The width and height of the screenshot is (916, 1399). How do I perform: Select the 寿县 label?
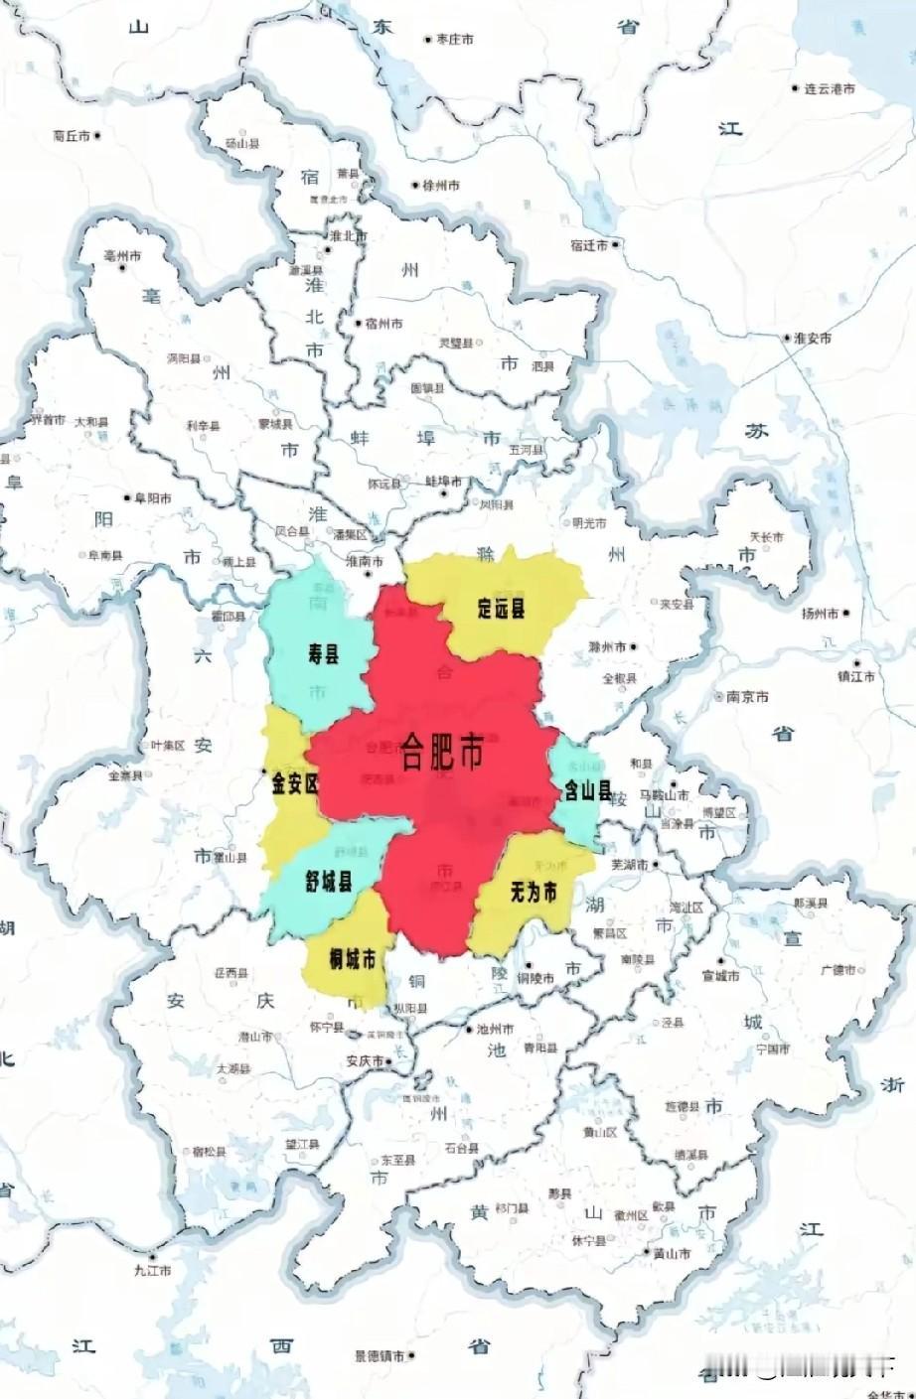tap(324, 653)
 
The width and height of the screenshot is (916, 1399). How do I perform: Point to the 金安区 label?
tap(295, 783)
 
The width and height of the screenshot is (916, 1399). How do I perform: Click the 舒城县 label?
tap(329, 881)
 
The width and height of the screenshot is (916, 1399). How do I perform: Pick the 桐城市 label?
tap(353, 959)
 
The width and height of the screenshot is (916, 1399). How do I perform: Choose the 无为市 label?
tap(534, 892)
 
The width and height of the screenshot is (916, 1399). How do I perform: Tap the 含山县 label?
tap(587, 791)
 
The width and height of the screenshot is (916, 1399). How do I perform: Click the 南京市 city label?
tap(748, 697)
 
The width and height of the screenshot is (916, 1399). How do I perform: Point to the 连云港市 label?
tap(830, 89)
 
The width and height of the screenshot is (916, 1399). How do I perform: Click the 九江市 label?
tap(154, 1270)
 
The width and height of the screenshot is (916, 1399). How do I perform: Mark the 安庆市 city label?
tap(365, 1061)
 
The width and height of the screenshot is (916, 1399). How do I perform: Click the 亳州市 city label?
tap(123, 256)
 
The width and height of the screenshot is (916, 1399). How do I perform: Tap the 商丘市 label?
tap(73, 136)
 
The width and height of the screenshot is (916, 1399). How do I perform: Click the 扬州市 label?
tap(821, 614)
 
